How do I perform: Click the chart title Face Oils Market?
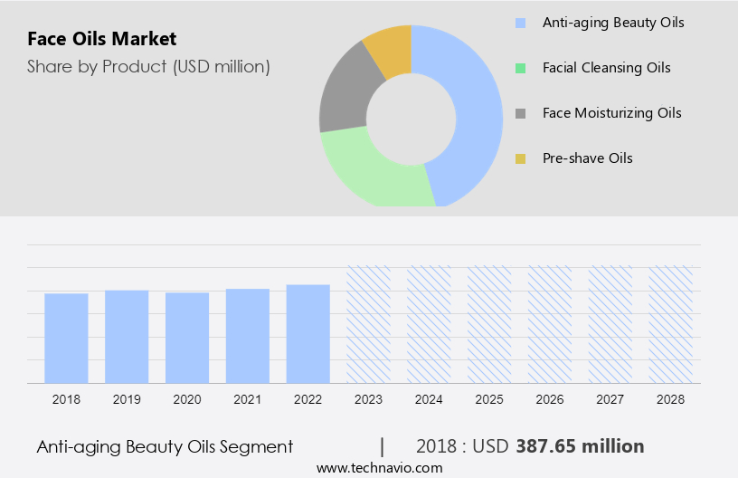click(x=102, y=39)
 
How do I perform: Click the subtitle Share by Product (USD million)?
click(x=148, y=66)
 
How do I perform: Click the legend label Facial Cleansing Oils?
click(x=606, y=68)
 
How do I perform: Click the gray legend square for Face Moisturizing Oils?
click(x=520, y=113)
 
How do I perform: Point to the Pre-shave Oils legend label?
click(x=587, y=158)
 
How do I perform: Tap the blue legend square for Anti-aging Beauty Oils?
click(x=520, y=23)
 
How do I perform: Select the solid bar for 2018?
click(x=66, y=338)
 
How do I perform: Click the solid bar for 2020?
click(x=187, y=338)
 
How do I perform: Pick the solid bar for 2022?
click(x=308, y=333)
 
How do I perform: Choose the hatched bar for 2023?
click(x=369, y=324)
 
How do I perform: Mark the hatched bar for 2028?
click(x=671, y=324)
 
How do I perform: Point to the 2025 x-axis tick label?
click(x=489, y=399)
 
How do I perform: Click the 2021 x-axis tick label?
click(x=248, y=399)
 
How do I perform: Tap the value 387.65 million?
click(x=580, y=446)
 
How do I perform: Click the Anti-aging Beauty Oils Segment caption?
click(x=165, y=446)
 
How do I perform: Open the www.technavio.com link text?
click(x=379, y=468)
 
